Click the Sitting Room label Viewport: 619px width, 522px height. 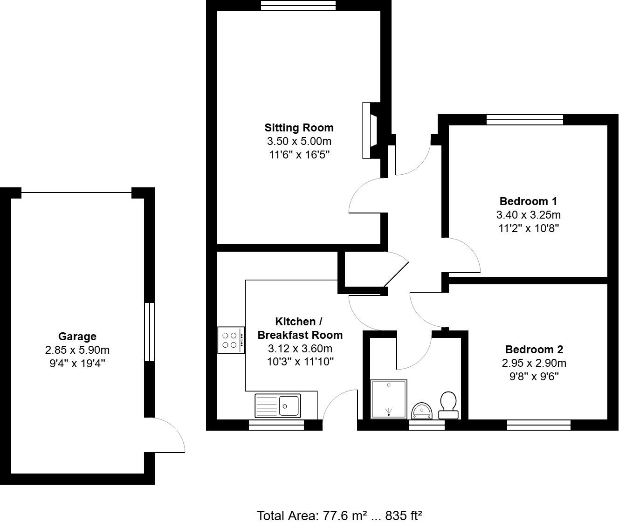click(299, 128)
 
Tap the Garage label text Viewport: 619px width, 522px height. click(77, 337)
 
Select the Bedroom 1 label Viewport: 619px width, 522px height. click(528, 201)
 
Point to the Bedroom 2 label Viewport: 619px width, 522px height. click(534, 350)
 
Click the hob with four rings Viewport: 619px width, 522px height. click(231, 340)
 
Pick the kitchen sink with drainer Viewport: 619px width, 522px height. click(278, 405)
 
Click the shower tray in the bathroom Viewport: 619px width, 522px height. click(389, 399)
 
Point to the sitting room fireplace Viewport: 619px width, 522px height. click(370, 130)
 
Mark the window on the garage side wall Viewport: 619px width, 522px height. click(149, 331)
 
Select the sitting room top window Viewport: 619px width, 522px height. click(298, 6)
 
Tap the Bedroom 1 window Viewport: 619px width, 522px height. click(525, 120)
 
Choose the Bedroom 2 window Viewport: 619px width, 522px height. click(539, 425)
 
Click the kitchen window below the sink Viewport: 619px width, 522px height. click(276, 425)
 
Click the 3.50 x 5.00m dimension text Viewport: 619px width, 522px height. click(299, 141)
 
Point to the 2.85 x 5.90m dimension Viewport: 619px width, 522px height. click(77, 350)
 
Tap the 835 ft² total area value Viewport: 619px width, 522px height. click(404, 515)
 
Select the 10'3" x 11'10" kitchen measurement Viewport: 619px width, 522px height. click(300, 361)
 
